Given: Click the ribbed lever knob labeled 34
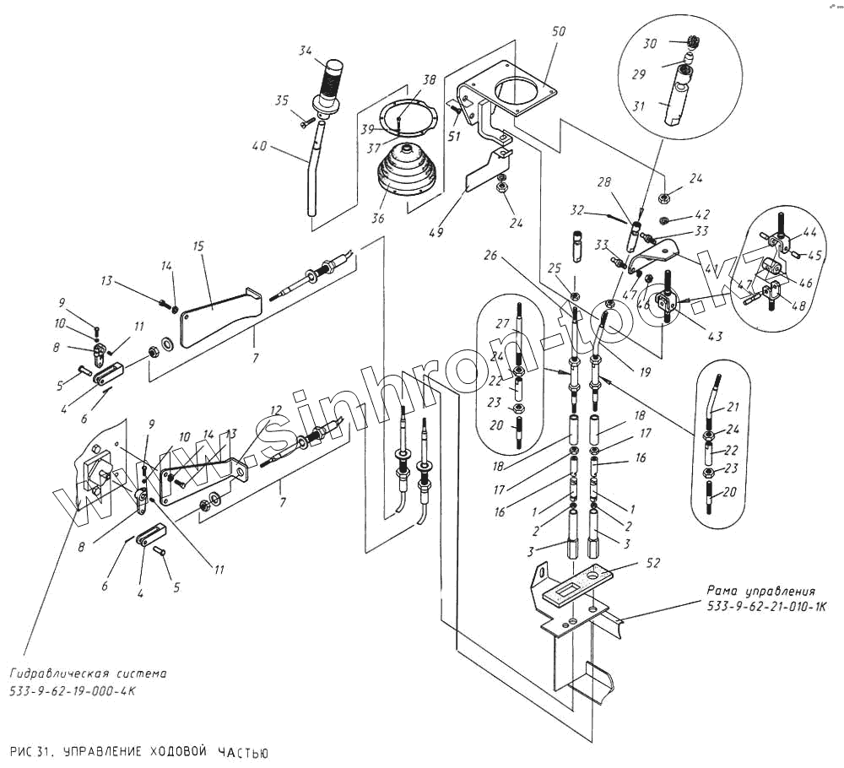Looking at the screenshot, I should pyautogui.click(x=332, y=80).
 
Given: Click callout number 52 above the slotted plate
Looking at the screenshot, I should pyautogui.click(x=629, y=561).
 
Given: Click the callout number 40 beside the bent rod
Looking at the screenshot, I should pyautogui.click(x=259, y=146).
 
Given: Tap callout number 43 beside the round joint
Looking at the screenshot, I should pyautogui.click(x=715, y=337).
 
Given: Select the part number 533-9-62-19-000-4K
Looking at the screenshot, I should pyautogui.click(x=73, y=690).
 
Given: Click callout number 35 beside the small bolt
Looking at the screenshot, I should pyautogui.click(x=282, y=100).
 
